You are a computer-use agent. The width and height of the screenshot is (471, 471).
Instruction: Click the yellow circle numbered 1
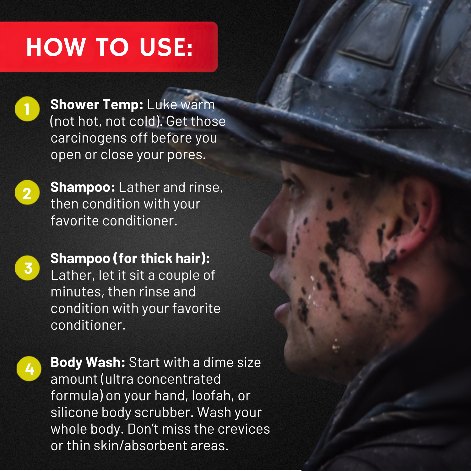[x=27, y=109]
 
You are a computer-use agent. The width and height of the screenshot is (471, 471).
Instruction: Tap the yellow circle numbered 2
[x=27, y=192]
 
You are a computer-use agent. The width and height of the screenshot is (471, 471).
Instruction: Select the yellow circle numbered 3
[x=28, y=268]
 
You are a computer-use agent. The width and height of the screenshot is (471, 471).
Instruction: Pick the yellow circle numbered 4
[x=29, y=369]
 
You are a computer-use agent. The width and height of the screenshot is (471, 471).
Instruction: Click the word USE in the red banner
[x=166, y=47]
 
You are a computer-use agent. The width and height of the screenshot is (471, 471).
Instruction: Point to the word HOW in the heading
[x=56, y=47]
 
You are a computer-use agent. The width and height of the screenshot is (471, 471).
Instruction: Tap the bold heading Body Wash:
[x=88, y=362]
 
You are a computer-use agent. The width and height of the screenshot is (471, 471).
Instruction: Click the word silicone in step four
[x=74, y=413]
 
